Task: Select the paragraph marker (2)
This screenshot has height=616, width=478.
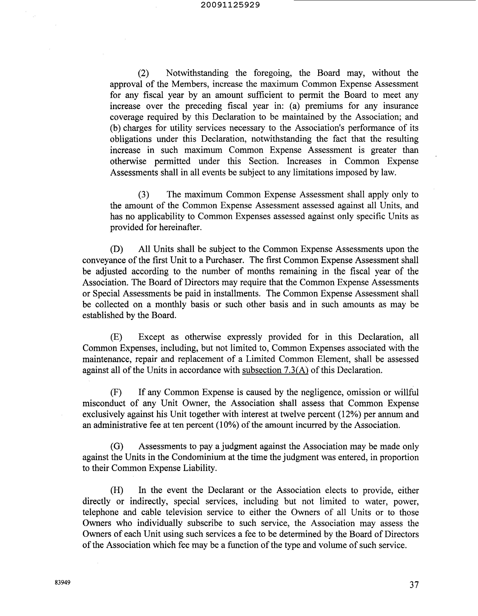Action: click(143, 73)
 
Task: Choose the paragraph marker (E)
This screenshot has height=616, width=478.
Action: click(116, 337)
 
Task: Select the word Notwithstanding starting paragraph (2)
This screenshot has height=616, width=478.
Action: click(197, 73)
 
